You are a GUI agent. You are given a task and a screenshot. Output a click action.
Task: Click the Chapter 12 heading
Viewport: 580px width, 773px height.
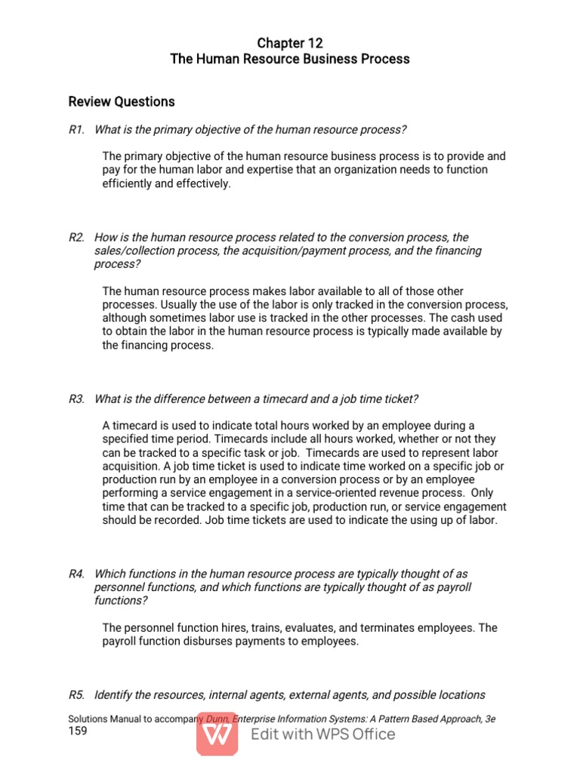tap(290, 44)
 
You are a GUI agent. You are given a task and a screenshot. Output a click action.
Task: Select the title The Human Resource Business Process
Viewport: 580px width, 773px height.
tap(290, 60)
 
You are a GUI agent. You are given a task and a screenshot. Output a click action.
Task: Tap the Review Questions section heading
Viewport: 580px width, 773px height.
tap(121, 102)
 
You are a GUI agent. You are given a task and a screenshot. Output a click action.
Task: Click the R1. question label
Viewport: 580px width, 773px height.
tap(76, 130)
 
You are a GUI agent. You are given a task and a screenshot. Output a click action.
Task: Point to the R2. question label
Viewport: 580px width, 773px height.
tap(76, 237)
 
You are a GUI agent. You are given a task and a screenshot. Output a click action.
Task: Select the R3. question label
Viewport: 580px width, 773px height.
tap(76, 399)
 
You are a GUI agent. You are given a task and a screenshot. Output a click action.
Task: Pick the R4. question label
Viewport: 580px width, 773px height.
tap(76, 574)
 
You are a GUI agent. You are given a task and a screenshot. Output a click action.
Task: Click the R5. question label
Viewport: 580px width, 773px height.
tap(76, 694)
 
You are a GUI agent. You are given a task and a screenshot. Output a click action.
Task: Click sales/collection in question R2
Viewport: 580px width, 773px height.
tap(128, 251)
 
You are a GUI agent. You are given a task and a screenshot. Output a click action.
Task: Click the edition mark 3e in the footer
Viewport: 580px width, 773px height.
tap(489, 719)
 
